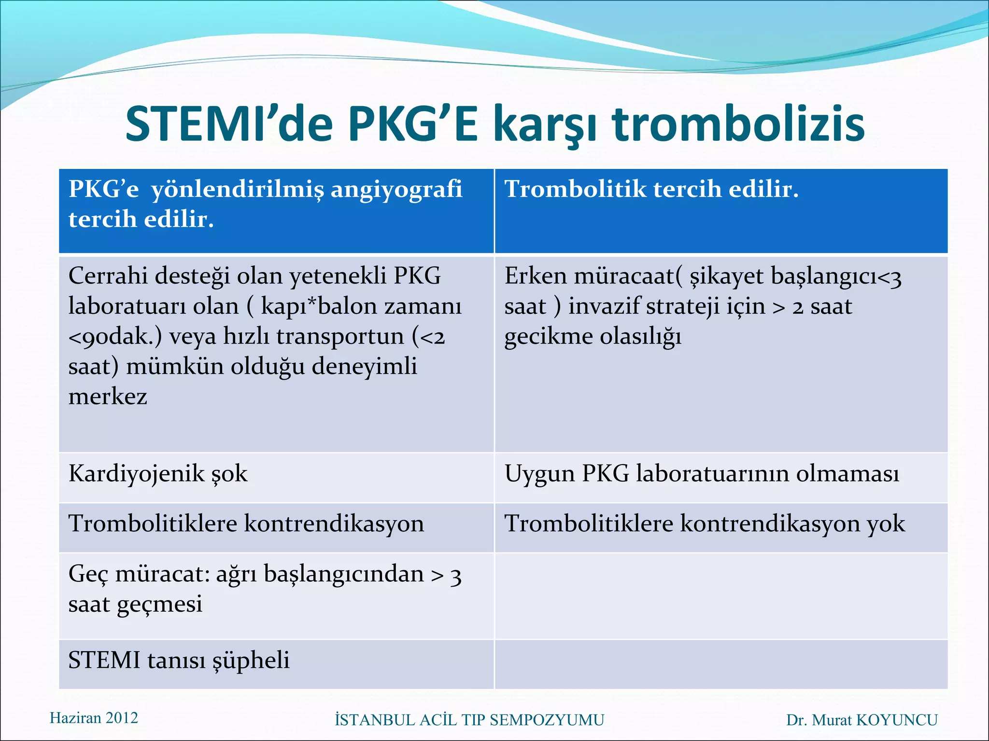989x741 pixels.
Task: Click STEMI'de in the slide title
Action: (229, 125)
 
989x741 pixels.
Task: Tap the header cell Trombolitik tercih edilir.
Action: (651, 189)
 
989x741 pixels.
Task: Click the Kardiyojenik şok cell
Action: (158, 474)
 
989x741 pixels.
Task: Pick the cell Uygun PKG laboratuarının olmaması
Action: (702, 474)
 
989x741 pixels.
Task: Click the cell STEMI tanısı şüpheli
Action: (179, 660)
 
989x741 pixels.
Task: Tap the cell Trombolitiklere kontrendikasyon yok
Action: (705, 524)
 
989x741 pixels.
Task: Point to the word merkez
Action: (108, 397)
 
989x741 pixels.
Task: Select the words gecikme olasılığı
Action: (593, 337)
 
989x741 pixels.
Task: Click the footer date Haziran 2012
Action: (94, 718)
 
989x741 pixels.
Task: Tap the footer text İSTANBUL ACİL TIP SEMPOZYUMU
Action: (469, 720)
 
